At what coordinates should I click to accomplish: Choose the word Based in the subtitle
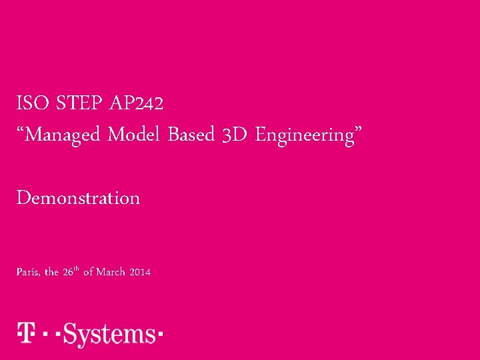[191, 135]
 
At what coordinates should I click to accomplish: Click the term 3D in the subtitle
[235, 135]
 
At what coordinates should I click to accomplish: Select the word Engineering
[305, 136]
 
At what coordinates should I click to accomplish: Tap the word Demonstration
[78, 198]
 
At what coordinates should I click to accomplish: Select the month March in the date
[111, 273]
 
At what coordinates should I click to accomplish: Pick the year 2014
[140, 273]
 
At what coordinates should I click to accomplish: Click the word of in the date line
[88, 273]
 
